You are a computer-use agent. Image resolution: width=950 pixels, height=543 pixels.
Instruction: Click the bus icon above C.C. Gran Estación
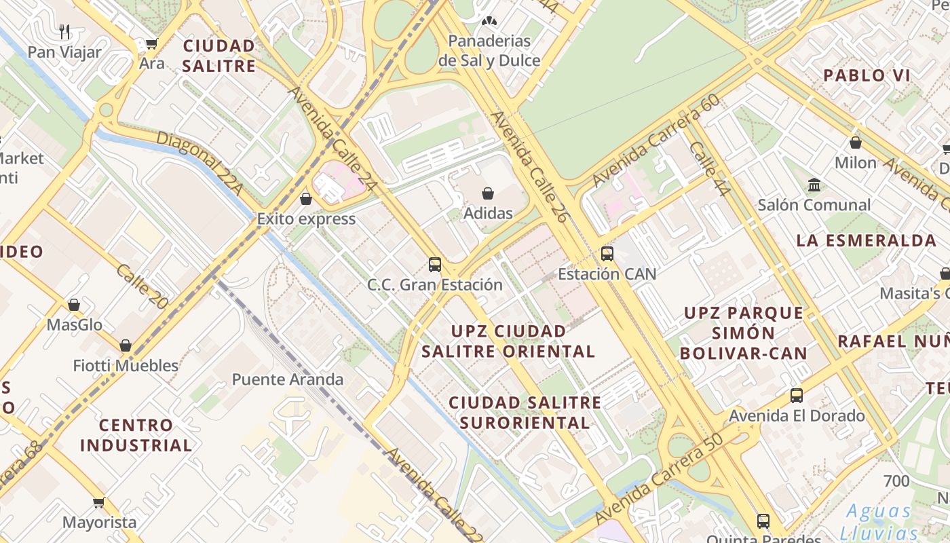coord(435,264)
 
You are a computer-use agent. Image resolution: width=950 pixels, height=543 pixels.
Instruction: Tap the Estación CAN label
coord(607,274)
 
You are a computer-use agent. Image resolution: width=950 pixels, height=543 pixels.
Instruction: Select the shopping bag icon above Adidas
coord(487,193)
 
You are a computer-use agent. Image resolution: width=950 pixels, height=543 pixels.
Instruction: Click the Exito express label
coord(306,219)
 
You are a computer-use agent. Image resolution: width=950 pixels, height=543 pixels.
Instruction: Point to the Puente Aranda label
coord(288,379)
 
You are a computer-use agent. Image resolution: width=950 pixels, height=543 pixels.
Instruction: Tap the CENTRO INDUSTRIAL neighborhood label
coord(136,435)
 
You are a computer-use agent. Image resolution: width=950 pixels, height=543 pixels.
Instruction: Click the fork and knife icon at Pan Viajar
coord(64,31)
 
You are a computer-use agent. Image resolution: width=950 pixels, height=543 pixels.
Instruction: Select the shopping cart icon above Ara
coord(151,44)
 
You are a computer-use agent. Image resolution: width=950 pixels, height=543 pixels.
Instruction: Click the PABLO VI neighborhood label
coord(867,75)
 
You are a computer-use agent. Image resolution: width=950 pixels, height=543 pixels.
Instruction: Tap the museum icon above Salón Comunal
coord(814,185)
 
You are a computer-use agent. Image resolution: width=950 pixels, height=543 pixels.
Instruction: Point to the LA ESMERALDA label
coord(867,240)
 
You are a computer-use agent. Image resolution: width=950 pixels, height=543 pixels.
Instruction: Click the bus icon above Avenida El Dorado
coord(797,395)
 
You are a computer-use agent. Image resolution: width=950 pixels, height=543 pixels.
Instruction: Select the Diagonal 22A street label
coord(199,164)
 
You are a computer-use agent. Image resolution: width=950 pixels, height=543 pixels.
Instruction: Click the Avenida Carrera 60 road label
coord(655,141)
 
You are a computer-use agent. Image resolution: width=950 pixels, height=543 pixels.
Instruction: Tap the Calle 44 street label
coord(709,169)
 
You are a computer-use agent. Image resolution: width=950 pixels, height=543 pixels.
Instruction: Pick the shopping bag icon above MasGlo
coord(74,305)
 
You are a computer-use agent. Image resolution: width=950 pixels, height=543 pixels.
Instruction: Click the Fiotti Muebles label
coord(126,366)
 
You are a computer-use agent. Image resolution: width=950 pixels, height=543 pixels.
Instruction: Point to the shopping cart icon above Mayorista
coord(99,503)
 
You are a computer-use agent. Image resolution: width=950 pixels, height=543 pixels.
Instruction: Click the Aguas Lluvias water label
coord(879,521)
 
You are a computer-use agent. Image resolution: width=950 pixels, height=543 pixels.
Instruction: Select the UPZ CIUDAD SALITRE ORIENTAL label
coord(508,341)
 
